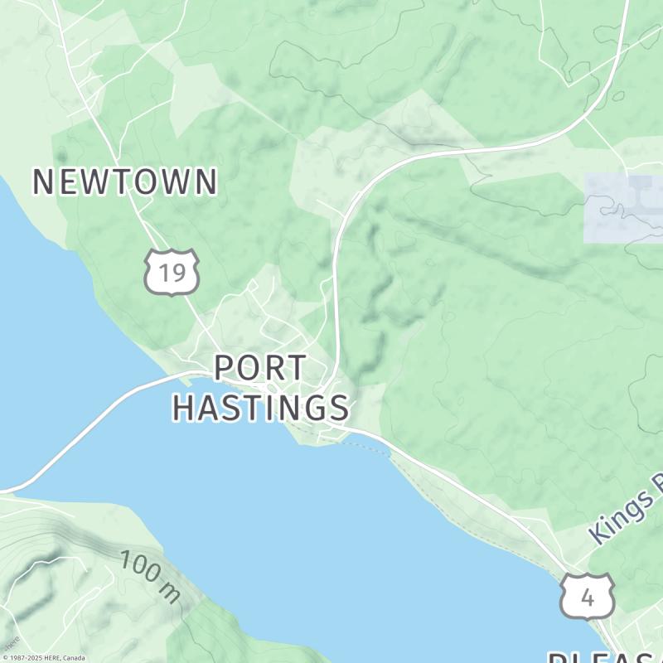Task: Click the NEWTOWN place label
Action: (x=124, y=181)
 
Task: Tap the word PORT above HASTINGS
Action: (x=259, y=368)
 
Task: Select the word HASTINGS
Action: (x=260, y=407)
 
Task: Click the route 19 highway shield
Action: (x=172, y=272)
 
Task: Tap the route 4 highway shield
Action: (x=588, y=596)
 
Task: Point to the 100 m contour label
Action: (x=149, y=574)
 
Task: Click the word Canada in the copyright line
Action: (x=73, y=658)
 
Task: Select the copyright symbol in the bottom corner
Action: (x=4, y=658)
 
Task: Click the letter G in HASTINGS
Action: (x=307, y=407)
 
